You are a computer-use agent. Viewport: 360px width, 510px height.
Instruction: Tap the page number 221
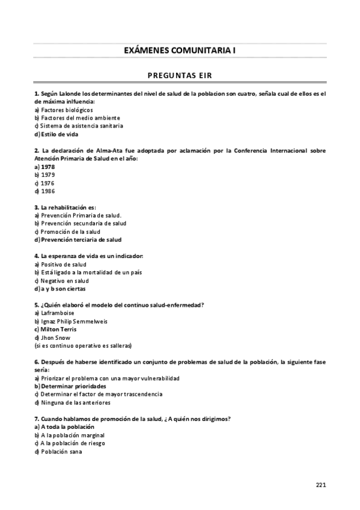(x=321, y=484)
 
